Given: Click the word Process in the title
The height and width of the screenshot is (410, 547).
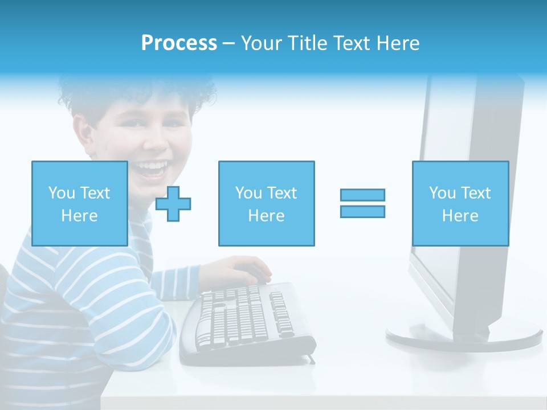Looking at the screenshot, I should (179, 43).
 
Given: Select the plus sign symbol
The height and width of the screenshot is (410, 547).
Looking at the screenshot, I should (173, 203).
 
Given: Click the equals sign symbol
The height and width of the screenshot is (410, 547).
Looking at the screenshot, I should (362, 203).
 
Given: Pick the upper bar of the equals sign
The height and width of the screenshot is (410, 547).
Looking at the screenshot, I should (362, 195).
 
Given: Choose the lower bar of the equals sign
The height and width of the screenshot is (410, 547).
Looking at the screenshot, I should (362, 211).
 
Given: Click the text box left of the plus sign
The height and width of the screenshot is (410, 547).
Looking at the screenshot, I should (79, 203).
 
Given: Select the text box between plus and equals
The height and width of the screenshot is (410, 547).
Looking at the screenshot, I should (266, 203).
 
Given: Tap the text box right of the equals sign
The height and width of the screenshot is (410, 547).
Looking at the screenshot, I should (460, 203).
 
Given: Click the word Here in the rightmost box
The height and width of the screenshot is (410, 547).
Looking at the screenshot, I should (460, 216).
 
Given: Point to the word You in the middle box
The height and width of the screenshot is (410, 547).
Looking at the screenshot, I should (248, 193).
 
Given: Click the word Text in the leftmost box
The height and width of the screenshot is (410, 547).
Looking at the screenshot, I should (95, 193).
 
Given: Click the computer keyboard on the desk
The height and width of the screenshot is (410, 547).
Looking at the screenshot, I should (245, 322).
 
